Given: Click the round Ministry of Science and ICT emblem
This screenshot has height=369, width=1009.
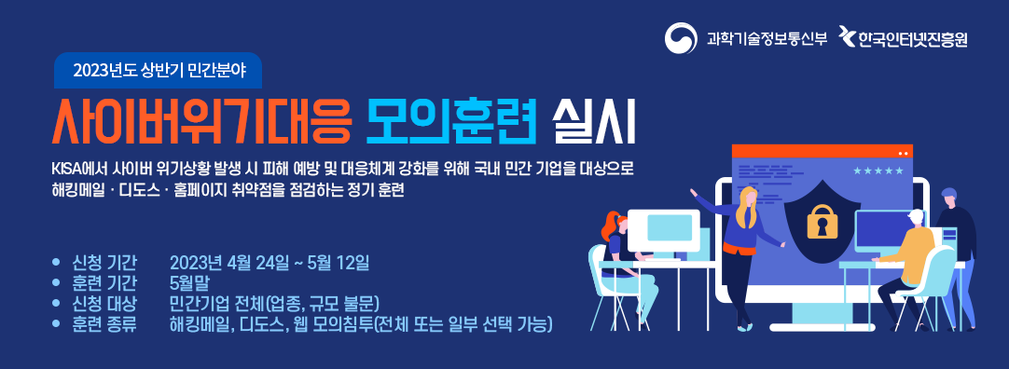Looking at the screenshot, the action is (x=681, y=39).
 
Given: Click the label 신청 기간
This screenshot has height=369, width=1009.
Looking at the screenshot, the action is (x=104, y=263).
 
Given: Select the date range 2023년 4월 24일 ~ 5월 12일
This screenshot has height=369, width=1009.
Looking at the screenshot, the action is (x=269, y=263).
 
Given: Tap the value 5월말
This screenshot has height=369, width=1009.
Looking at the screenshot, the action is (x=188, y=283).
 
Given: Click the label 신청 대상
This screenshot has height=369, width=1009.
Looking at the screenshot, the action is (x=104, y=304).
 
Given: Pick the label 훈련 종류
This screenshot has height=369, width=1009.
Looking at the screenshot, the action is (x=104, y=324).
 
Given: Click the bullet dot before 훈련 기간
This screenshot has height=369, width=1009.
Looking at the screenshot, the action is (x=57, y=283).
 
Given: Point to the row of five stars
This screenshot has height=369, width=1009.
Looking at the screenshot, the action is (x=878, y=171).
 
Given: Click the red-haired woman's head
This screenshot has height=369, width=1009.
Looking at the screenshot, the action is (x=613, y=225).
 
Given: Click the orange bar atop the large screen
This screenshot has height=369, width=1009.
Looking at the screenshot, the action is (x=822, y=151).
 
